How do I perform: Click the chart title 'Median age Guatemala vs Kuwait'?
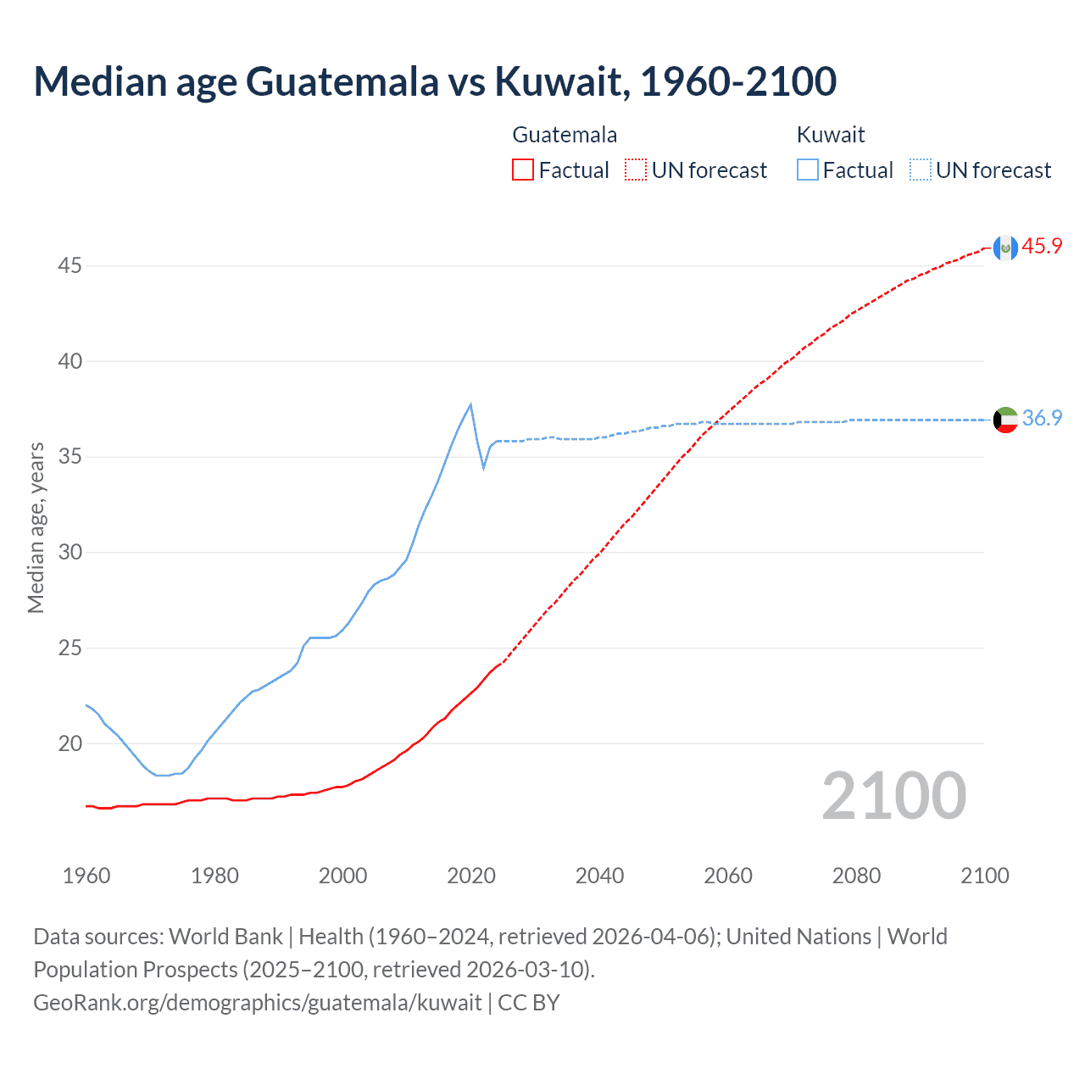[435, 81]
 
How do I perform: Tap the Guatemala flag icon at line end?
[1005, 248]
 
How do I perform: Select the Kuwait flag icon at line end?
[1005, 420]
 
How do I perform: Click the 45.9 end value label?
[1042, 247]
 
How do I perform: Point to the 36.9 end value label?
[1042, 419]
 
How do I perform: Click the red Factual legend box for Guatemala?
[523, 170]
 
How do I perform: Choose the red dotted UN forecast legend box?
[636, 170]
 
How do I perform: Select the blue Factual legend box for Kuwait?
[808, 170]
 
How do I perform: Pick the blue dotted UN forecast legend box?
[920, 170]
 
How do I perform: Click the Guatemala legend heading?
[565, 135]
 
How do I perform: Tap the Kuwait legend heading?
[831, 135]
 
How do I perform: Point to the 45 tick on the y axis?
[70, 266]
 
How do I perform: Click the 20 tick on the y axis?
[70, 744]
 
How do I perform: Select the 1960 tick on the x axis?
[86, 876]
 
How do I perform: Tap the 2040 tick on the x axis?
[599, 876]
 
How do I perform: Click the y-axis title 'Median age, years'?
[36, 527]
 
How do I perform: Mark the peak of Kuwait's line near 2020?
[470, 404]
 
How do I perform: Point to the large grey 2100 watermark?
[893, 795]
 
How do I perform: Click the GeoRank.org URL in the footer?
[257, 1003]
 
